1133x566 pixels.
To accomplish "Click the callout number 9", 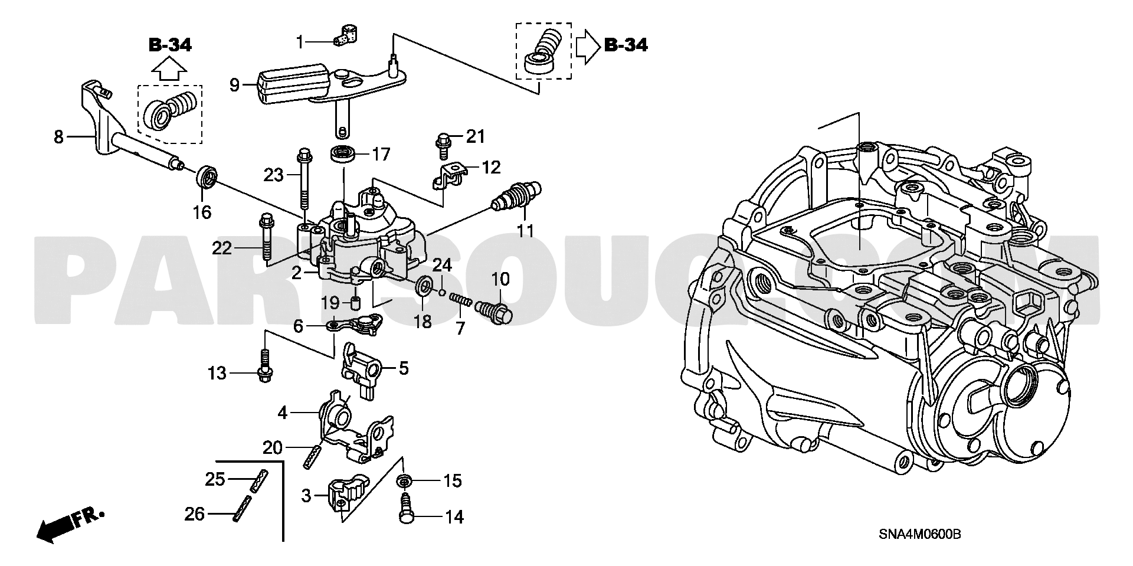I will (x=234, y=86).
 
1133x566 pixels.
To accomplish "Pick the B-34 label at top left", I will (x=170, y=45).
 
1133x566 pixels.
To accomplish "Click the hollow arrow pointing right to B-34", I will (x=587, y=45).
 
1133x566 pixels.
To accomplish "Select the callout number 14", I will (x=454, y=518).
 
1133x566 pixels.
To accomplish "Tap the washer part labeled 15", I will (x=404, y=480).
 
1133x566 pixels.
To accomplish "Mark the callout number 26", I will (x=194, y=515).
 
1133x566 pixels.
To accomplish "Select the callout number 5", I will (x=403, y=369).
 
